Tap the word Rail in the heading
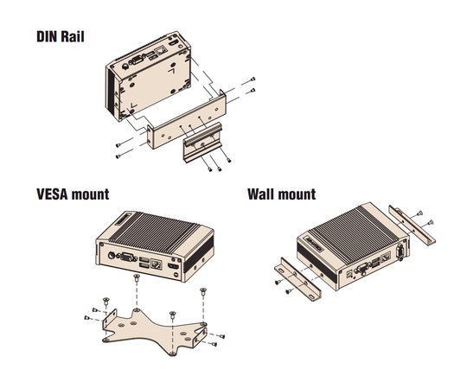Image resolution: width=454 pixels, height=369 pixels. point(73,37)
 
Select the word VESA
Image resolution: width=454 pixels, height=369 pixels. point(52,194)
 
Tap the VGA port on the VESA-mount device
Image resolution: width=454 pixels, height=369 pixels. point(128,257)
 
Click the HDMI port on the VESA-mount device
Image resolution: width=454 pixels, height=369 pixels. point(174,266)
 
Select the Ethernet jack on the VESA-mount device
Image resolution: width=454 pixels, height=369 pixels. point(157,264)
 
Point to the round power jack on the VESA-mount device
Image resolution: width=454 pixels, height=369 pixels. point(112,255)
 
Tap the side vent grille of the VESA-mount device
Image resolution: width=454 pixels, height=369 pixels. point(199,255)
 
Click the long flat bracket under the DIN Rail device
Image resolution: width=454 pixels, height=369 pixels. point(187,120)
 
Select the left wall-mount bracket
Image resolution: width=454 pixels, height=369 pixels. point(297,279)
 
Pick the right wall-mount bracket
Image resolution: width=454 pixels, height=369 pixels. point(412,226)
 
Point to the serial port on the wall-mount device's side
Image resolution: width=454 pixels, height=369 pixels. point(400,251)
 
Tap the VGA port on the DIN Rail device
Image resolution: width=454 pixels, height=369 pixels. point(137,60)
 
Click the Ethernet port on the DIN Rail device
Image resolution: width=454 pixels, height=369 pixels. point(161,50)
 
